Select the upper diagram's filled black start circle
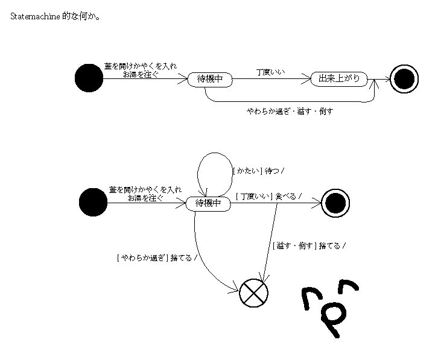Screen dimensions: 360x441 89,78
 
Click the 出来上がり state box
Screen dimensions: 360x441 338,79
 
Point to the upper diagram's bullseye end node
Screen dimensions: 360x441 404,78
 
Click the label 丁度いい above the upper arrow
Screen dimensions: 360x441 271,72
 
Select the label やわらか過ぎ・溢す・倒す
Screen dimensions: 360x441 290,111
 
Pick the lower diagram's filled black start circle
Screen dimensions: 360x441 93,202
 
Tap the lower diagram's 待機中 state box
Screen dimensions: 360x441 209,203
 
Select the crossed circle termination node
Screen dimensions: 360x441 253,293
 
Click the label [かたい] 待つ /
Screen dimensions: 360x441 258,171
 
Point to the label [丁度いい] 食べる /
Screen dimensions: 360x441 269,195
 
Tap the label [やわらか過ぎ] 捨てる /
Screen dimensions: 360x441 156,258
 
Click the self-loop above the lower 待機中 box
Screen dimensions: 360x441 213,166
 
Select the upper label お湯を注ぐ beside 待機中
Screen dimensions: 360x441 141,74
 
